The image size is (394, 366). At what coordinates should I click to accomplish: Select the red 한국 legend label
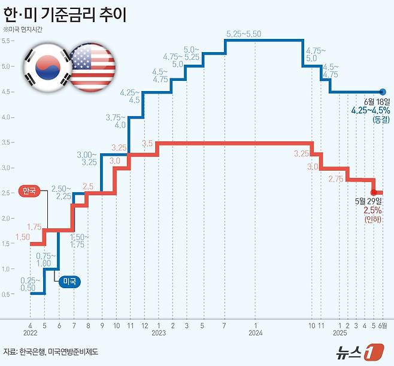pyautogui.click(x=29, y=191)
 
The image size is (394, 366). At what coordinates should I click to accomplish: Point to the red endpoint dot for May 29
pyautogui.click(x=374, y=192)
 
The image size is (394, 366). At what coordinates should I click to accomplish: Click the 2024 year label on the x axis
pyautogui.click(x=256, y=332)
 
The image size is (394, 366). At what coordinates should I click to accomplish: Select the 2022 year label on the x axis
pyautogui.click(x=31, y=332)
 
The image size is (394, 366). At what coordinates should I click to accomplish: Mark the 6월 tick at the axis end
pyautogui.click(x=384, y=325)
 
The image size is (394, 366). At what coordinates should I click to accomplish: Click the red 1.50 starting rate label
pyautogui.click(x=22, y=238)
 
